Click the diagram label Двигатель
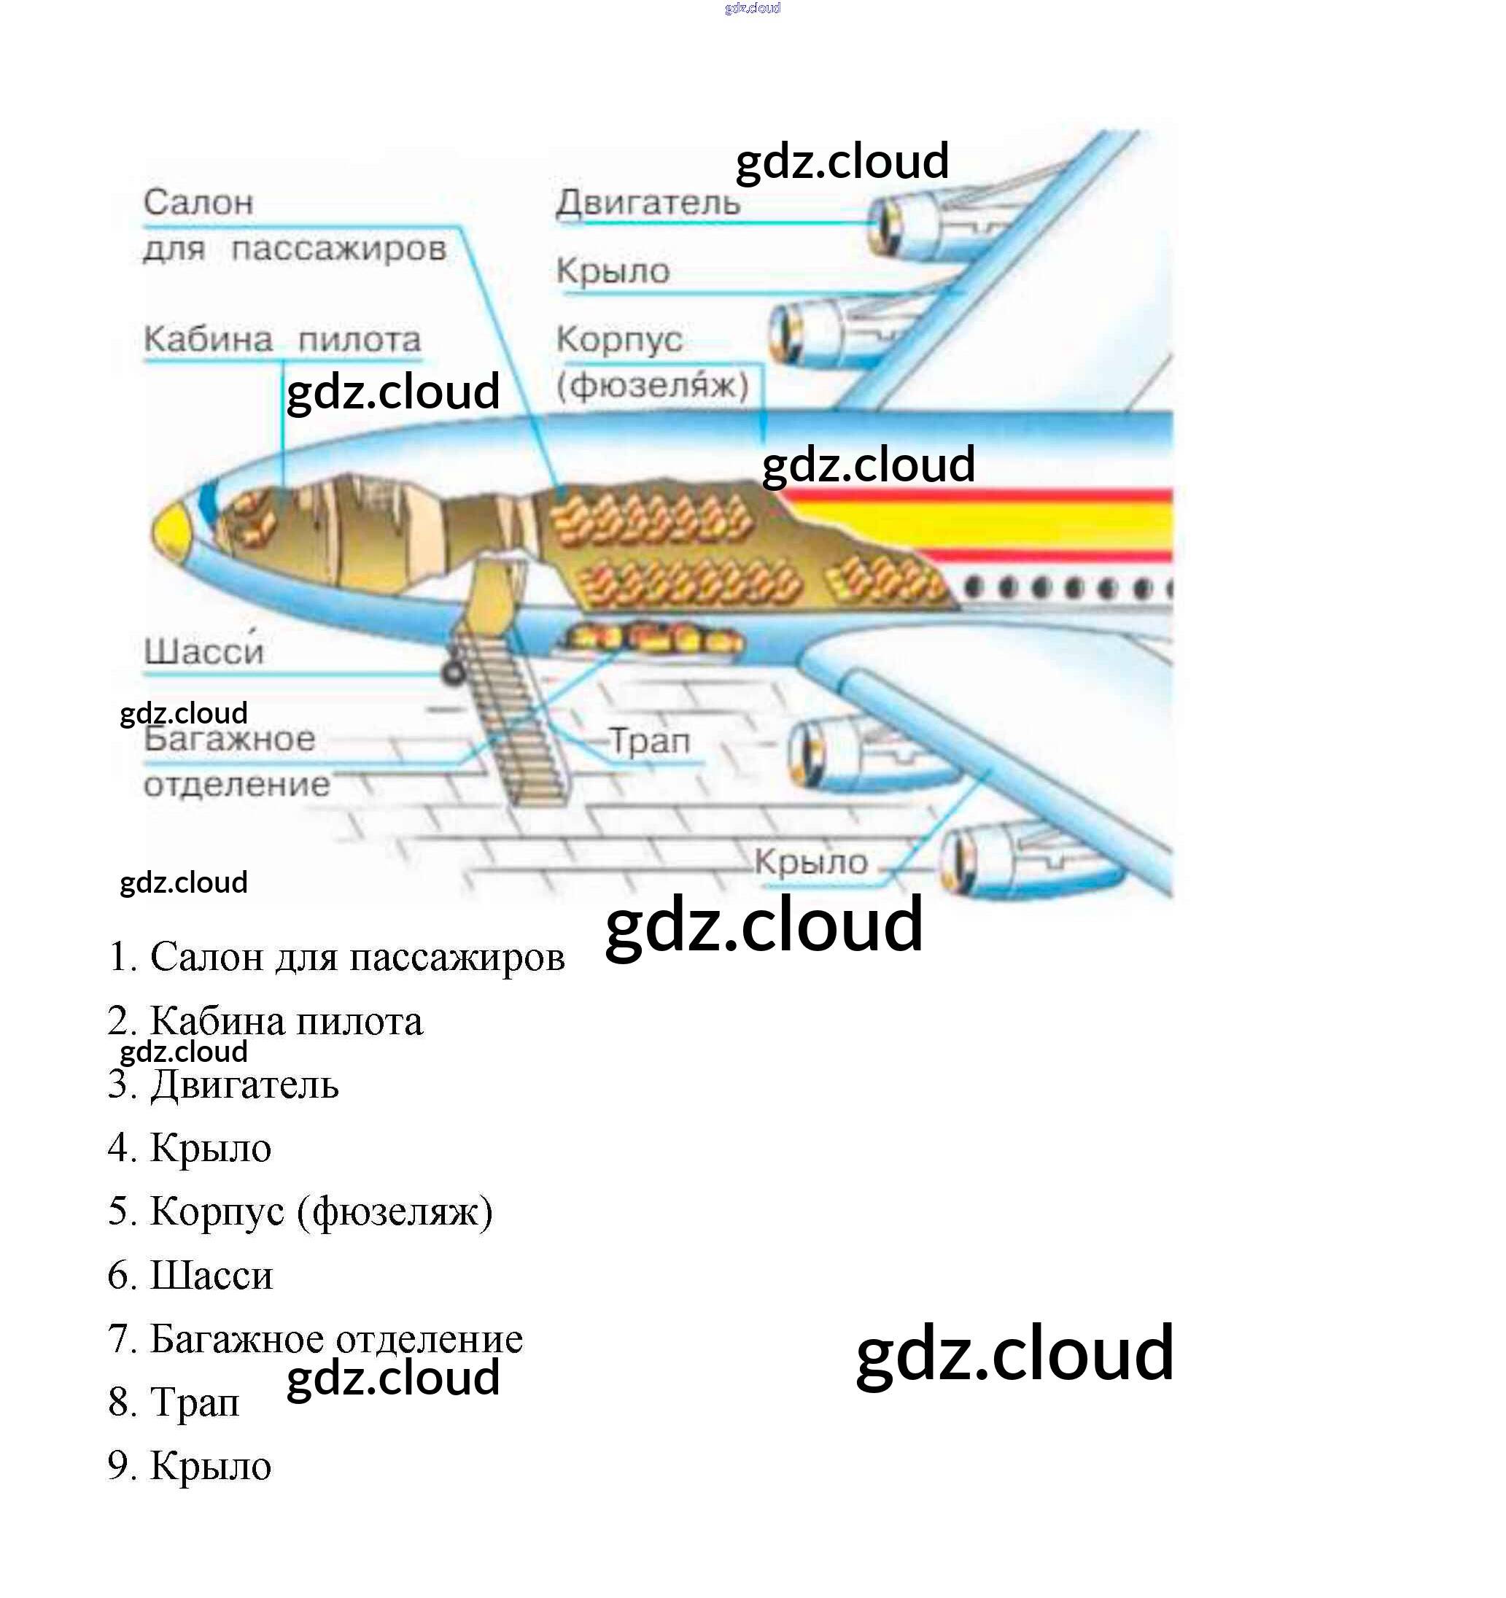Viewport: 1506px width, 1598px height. (648, 203)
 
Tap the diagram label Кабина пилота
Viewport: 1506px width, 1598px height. (282, 340)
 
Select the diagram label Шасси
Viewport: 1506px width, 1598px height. (204, 651)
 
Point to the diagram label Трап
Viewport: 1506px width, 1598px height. (649, 741)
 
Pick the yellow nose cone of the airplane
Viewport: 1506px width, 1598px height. (171, 531)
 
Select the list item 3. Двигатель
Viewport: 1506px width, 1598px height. (223, 1085)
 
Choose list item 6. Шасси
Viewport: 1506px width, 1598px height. (190, 1276)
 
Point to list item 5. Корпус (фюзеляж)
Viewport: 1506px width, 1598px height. (300, 1212)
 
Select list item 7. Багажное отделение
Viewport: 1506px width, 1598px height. (315, 1339)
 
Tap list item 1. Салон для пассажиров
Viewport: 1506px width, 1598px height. (336, 958)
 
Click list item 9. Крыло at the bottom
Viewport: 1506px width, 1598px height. (190, 1466)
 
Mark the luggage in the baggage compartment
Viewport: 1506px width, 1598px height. (655, 640)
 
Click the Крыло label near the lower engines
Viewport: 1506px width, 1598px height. (811, 863)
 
